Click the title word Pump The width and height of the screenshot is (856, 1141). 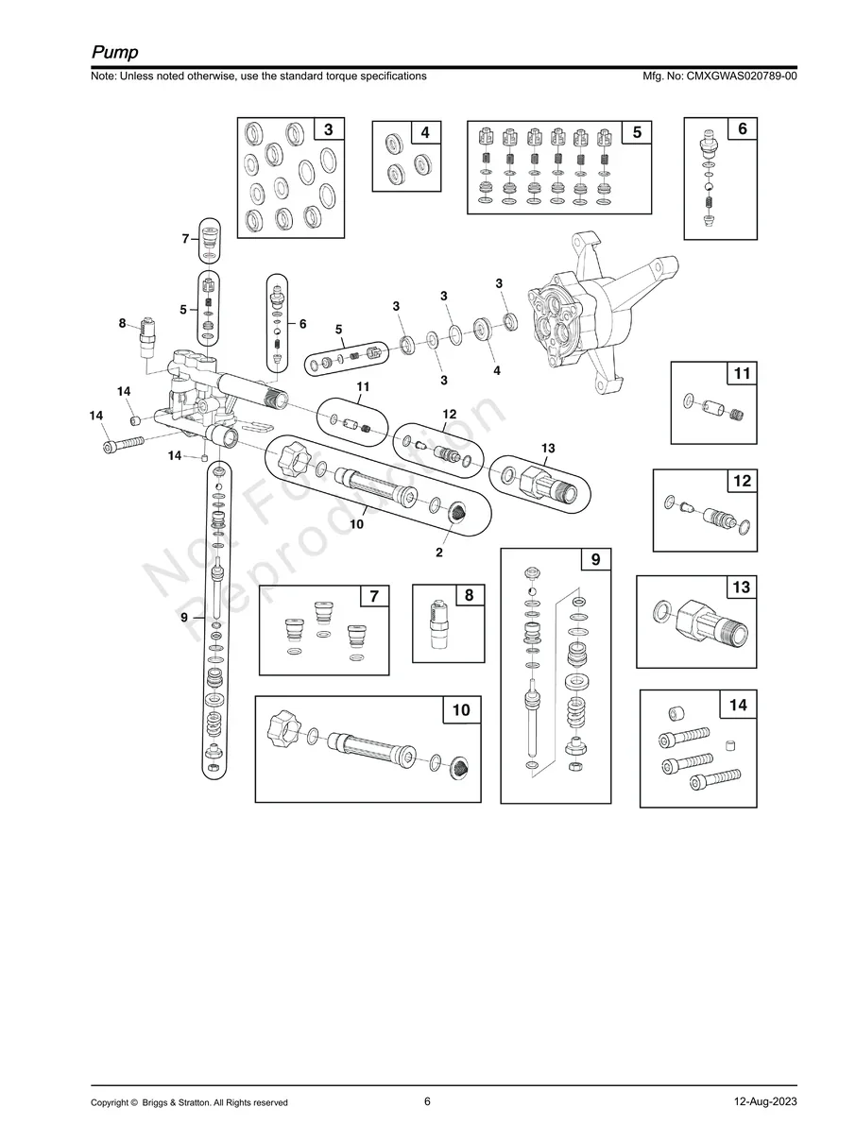115,51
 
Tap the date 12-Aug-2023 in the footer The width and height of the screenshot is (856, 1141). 765,1101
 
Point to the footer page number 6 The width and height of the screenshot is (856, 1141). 427,1101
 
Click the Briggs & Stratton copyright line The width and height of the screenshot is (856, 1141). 189,1102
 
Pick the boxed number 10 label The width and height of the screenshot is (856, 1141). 461,710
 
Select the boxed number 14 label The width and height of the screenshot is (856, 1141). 739,705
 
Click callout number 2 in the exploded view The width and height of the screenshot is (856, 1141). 439,553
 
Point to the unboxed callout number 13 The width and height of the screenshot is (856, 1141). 548,447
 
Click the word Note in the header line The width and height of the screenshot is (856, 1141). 103,76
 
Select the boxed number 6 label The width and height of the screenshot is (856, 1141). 743,128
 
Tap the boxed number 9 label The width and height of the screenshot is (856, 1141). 595,560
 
